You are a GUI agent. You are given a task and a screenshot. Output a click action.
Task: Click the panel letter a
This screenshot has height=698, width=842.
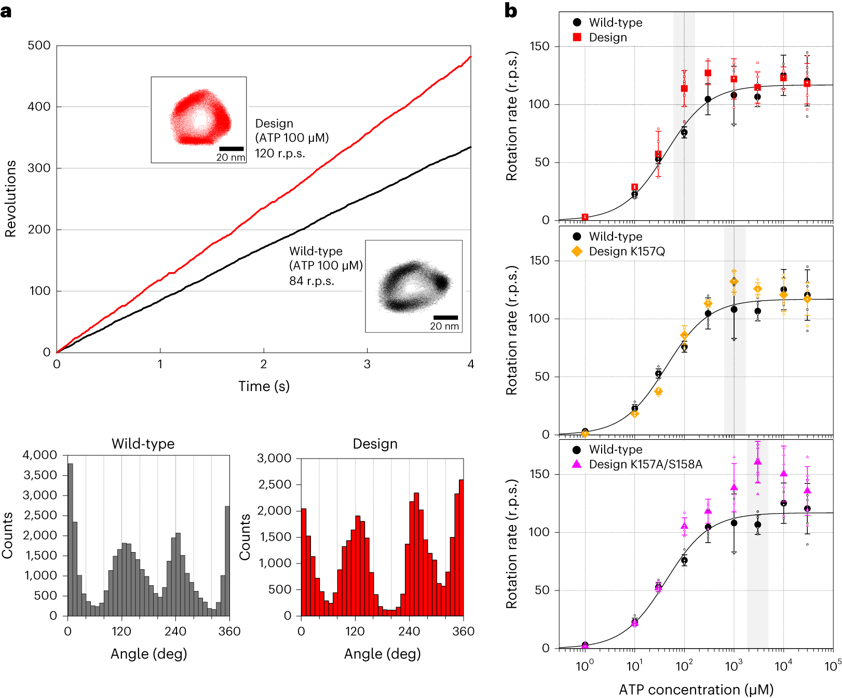point(6,11)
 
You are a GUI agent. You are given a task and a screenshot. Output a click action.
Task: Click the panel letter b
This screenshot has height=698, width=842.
point(511,11)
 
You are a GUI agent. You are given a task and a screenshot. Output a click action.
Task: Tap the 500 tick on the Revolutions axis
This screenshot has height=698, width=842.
point(39,46)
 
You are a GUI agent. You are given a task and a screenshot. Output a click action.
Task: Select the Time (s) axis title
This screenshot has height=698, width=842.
point(264,386)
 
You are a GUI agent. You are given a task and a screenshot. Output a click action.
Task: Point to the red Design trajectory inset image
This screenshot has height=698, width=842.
point(199,119)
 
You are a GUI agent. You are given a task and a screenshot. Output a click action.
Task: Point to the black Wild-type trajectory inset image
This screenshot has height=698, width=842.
point(413,286)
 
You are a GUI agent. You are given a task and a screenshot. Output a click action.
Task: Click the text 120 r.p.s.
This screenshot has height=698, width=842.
point(280,154)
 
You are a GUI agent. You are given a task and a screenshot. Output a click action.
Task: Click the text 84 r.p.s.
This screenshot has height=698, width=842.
point(311,281)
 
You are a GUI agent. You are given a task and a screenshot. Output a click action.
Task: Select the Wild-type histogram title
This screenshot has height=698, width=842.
point(143,444)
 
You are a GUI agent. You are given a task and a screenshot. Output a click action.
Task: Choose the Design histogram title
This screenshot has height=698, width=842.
point(375,444)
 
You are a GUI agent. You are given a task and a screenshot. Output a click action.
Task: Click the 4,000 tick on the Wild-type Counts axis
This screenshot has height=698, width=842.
point(39,455)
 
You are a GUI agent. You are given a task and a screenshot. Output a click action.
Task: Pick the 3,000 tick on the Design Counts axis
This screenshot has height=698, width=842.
point(274,458)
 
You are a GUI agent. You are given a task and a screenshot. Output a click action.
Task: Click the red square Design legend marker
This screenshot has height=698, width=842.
point(577,37)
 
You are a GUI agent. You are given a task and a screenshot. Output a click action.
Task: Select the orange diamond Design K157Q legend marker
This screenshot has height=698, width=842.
point(577,251)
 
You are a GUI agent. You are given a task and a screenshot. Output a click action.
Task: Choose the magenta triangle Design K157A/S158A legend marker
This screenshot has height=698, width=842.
point(577,464)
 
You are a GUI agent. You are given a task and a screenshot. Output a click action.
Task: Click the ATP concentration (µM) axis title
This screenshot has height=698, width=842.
point(696,690)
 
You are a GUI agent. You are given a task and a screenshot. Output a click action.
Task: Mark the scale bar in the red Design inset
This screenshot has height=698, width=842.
point(232,149)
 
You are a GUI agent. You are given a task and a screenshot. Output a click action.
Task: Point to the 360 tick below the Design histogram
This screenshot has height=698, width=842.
point(463,632)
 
